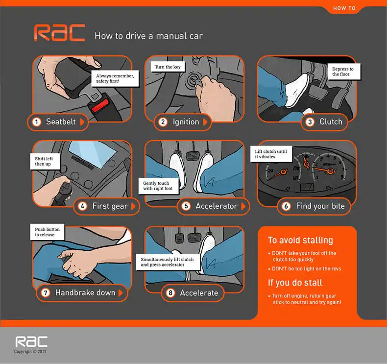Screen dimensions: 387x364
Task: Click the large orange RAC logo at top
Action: pyautogui.click(x=59, y=32)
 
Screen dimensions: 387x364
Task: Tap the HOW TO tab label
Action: pyautogui.click(x=344, y=8)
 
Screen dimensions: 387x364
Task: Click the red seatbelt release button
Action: pyautogui.click(x=100, y=106)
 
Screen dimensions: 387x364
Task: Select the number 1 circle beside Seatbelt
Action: pyautogui.click(x=37, y=122)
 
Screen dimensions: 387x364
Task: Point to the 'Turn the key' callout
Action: pyautogui.click(x=168, y=67)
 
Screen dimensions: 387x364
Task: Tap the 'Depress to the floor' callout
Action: pyautogui.click(x=344, y=72)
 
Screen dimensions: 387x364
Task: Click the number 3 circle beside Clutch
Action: pyautogui.click(x=310, y=122)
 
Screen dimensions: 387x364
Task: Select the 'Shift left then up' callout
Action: pyautogui.click(x=45, y=161)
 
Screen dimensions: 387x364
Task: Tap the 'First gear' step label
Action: pyautogui.click(x=110, y=206)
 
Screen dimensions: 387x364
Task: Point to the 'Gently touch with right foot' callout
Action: pyautogui.click(x=158, y=186)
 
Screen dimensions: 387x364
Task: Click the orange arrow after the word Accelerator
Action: pyautogui.click(x=243, y=206)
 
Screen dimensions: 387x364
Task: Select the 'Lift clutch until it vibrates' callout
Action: pyautogui.click(x=271, y=154)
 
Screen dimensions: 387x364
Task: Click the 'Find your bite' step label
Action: pyautogui.click(x=320, y=206)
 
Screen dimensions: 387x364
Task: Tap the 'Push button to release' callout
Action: pyautogui.click(x=47, y=232)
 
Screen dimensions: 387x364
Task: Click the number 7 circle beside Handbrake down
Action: pyautogui.click(x=46, y=292)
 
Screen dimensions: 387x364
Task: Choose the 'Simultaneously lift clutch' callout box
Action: pyautogui.click(x=168, y=262)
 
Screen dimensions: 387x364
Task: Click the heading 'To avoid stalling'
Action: pyautogui.click(x=300, y=241)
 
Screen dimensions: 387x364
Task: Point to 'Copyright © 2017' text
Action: pyautogui.click(x=30, y=351)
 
